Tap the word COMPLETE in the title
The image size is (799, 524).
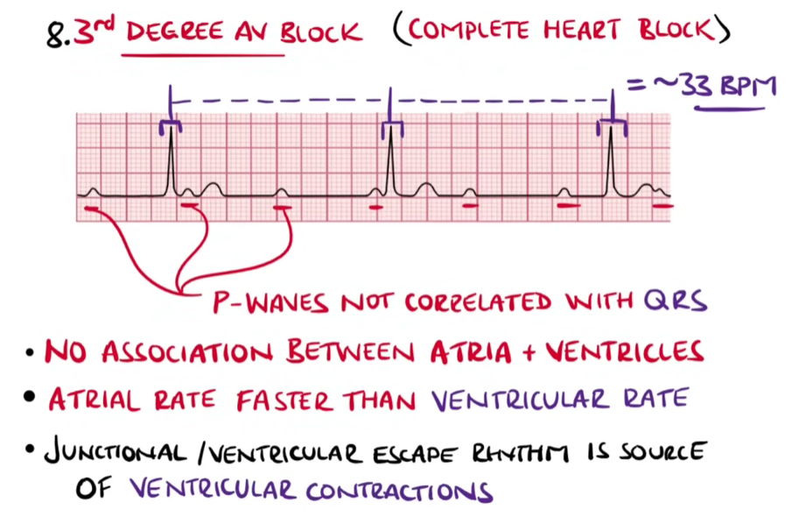467,32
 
